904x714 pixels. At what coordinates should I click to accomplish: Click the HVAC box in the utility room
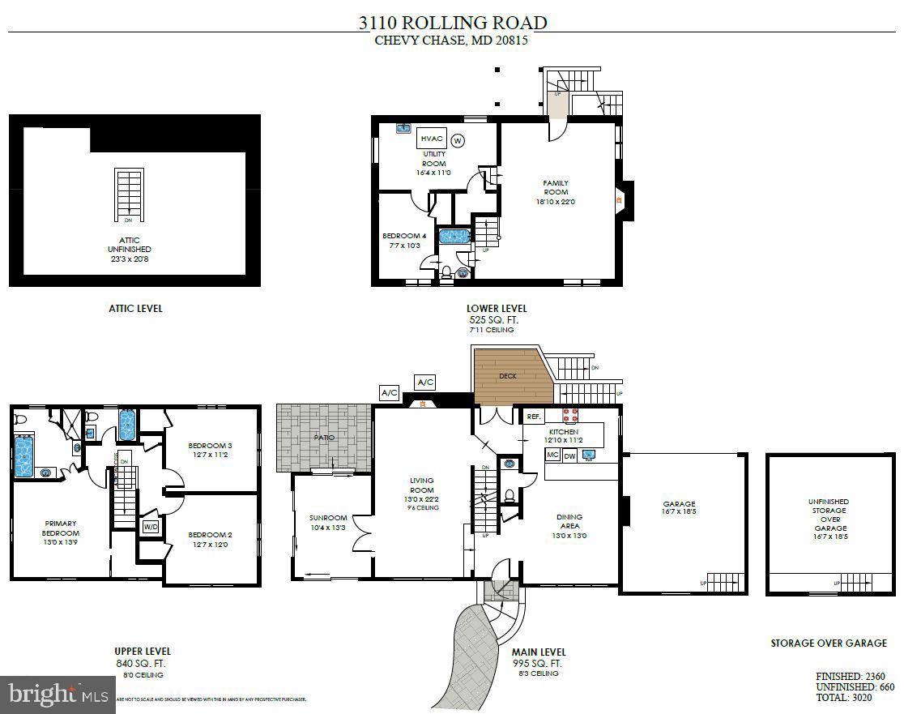432,139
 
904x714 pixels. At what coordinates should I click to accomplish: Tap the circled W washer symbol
458,141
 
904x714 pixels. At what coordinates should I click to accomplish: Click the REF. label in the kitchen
534,417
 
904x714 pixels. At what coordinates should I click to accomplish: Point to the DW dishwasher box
569,456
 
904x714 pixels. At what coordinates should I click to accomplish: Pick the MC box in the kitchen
552,456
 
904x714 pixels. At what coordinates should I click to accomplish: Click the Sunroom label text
327,518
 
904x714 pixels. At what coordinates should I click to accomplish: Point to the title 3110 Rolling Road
453,23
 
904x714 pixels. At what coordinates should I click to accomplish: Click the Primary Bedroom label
61,528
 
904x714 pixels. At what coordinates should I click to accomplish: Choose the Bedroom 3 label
210,446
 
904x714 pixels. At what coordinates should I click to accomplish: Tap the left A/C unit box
389,393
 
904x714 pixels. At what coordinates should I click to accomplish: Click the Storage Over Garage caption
828,643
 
